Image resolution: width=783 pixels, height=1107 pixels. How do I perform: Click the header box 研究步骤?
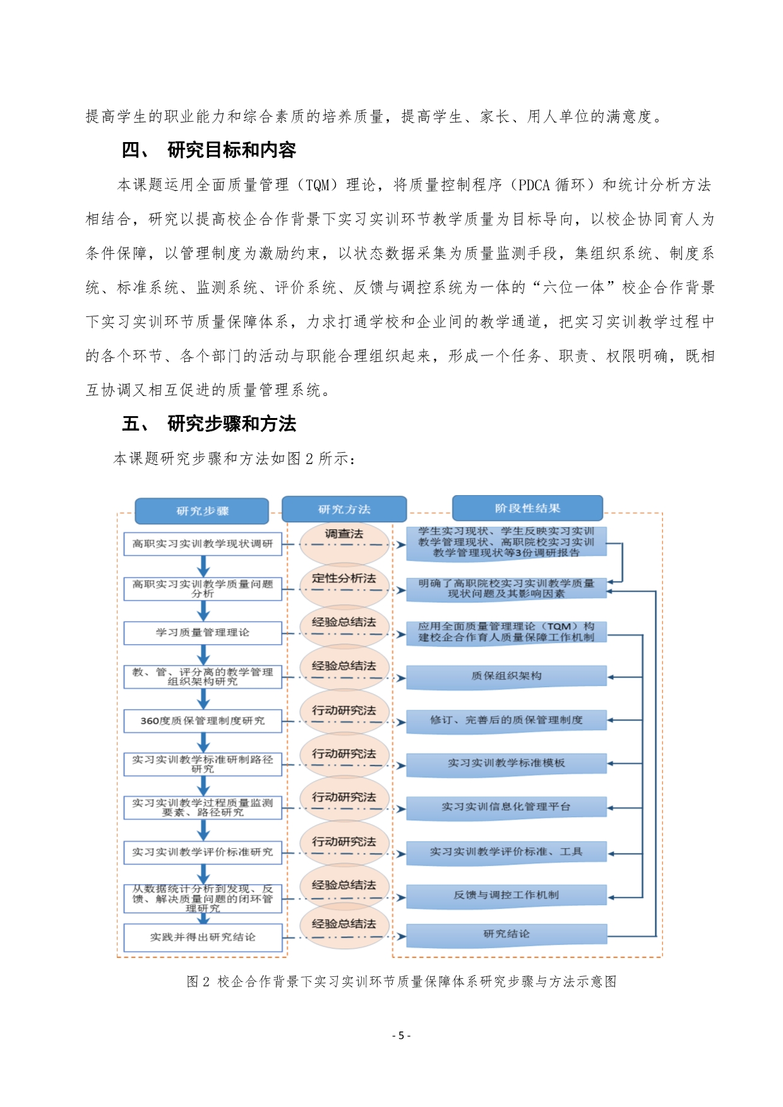(202, 511)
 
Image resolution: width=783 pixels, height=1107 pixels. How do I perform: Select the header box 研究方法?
(344, 509)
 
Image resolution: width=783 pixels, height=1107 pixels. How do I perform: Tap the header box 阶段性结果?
(527, 508)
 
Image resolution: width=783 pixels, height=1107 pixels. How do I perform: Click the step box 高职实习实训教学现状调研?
(203, 544)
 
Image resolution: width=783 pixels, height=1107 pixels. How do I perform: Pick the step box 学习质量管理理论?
(203, 632)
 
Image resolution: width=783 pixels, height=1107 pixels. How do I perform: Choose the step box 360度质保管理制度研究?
(203, 721)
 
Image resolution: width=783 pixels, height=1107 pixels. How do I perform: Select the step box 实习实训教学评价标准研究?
(203, 852)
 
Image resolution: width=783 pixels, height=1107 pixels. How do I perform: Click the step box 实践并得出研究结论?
(203, 937)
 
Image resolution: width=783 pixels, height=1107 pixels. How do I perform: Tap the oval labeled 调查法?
(344, 534)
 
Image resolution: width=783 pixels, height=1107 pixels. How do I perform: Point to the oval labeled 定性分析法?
(344, 578)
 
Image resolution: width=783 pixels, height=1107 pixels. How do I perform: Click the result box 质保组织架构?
(506, 676)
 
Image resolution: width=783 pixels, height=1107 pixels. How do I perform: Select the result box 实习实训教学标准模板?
(506, 763)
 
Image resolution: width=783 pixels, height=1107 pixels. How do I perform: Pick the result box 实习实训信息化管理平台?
(506, 807)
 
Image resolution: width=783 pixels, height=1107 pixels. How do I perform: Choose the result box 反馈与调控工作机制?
(506, 895)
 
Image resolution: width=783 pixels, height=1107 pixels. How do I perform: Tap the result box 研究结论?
(506, 934)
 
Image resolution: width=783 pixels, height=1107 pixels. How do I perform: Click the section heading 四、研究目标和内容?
(209, 150)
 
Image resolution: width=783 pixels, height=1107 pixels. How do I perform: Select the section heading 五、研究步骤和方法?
(209, 424)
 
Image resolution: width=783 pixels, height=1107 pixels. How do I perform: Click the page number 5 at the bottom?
(401, 1036)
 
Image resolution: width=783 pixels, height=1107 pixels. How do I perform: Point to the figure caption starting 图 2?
(402, 981)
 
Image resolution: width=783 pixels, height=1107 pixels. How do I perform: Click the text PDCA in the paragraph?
(534, 185)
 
